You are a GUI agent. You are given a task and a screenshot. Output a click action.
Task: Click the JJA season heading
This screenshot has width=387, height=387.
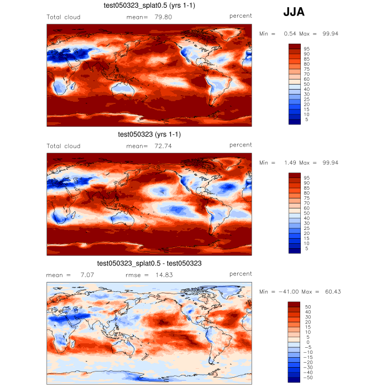[294, 12]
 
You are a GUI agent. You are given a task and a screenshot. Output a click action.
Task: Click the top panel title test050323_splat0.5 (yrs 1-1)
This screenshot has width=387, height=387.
[149, 6]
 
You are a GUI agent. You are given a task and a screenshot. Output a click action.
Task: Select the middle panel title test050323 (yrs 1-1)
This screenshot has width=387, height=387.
[149, 134]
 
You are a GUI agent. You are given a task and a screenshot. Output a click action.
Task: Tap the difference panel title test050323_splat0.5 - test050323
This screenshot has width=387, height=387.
[149, 263]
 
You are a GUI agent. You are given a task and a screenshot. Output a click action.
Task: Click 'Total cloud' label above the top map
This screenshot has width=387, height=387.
[64, 17]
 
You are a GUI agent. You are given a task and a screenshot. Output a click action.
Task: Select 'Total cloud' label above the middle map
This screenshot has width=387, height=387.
[64, 146]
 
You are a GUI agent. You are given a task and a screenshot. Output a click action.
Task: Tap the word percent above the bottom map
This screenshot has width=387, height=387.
[240, 274]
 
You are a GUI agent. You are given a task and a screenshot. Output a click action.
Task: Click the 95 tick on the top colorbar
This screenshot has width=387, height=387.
[306, 49]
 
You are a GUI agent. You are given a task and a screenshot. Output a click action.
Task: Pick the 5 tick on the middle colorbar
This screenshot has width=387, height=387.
[306, 249]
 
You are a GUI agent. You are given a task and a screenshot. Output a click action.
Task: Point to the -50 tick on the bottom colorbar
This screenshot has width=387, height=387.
[308, 377]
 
